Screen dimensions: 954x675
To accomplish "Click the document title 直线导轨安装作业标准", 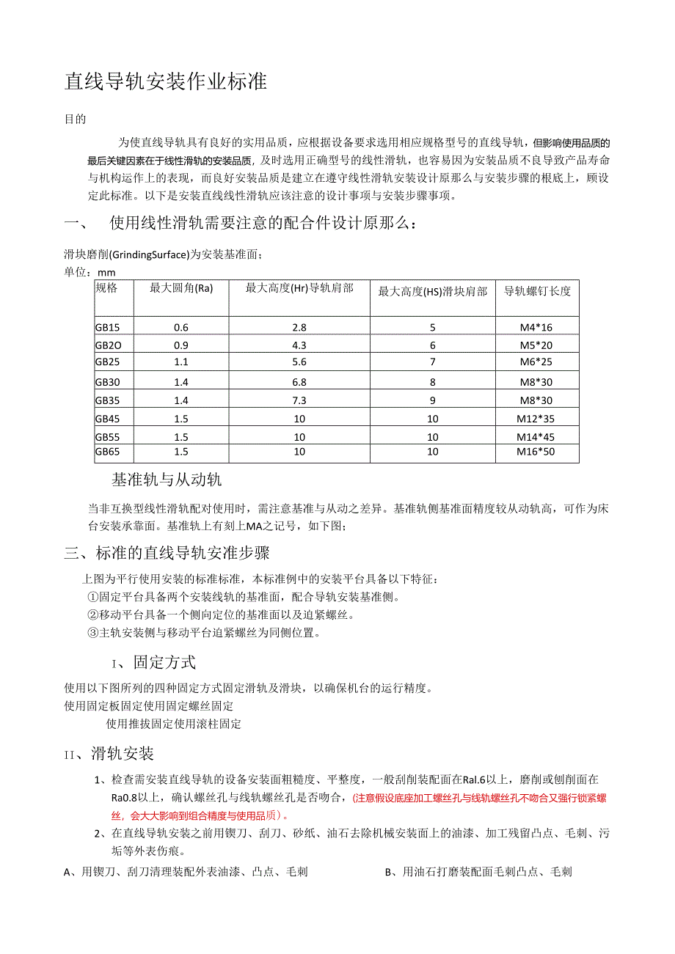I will click(166, 81).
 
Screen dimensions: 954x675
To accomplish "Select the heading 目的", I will click(76, 119).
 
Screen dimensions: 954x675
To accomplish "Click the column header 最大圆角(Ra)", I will click(181, 288).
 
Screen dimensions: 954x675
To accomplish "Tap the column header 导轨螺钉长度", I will click(537, 291).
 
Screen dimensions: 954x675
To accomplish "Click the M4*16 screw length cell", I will click(536, 327).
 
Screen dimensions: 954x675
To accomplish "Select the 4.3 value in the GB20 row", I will click(299, 345).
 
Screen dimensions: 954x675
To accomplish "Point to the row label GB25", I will click(107, 362).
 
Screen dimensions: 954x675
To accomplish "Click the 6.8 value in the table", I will click(299, 381).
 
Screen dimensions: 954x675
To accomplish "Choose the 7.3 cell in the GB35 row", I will click(299, 400).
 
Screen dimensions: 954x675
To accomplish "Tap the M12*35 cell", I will click(536, 419).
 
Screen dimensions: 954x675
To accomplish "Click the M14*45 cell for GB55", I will click(536, 437).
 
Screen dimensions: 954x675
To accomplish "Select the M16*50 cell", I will click(536, 452).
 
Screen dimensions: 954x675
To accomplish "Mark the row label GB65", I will click(107, 452).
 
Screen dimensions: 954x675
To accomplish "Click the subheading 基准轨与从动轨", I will click(167, 480).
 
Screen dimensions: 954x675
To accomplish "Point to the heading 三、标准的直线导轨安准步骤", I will click(167, 553).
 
